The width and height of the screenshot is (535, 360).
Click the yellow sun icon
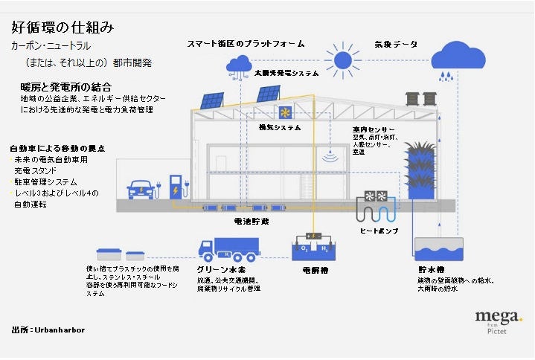point(343,60)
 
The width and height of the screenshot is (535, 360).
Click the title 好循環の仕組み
point(63,28)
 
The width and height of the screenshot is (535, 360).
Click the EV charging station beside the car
point(176,188)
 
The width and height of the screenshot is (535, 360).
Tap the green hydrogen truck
point(229,250)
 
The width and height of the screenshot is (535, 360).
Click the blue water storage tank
point(438,249)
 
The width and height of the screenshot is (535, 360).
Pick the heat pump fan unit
point(373,197)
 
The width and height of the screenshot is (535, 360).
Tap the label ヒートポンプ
point(379,231)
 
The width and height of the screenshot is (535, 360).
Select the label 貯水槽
point(431,269)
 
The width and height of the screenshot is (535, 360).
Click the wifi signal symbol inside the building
point(330,157)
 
